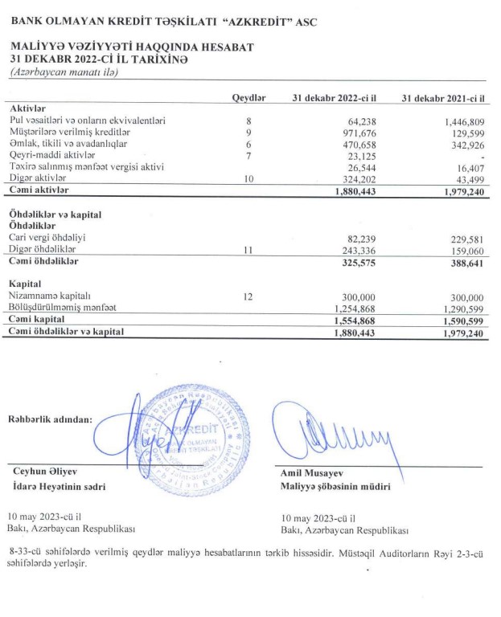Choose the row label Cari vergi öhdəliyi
(47, 238)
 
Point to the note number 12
(248, 296)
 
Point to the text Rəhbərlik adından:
(50, 419)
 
